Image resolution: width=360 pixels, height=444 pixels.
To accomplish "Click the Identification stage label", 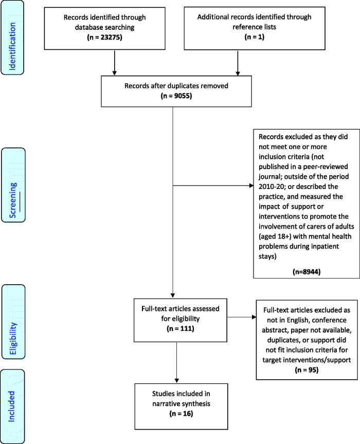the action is pyautogui.click(x=12, y=46).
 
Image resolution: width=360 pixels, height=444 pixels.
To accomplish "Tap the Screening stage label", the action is pyautogui.click(x=13, y=200).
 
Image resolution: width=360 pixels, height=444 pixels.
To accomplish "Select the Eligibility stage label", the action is pyautogui.click(x=13, y=338).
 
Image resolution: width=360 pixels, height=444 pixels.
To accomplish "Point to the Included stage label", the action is pyautogui.click(x=11, y=406).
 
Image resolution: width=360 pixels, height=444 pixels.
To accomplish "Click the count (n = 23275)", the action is pyautogui.click(x=104, y=37).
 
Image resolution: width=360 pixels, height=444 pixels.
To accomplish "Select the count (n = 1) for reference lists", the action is pyautogui.click(x=254, y=37).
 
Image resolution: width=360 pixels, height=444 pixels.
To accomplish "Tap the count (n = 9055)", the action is pyautogui.click(x=176, y=96).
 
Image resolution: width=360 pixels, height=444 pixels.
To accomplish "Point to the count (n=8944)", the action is pyautogui.click(x=307, y=272).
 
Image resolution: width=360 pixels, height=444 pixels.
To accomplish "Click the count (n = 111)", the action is pyautogui.click(x=181, y=328).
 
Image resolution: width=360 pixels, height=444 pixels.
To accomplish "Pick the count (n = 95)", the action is pyautogui.click(x=307, y=370).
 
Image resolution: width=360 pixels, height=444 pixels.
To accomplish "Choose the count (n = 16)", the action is pyautogui.click(x=181, y=413).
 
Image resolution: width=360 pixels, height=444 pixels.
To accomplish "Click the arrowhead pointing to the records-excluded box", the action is pyautogui.click(x=251, y=186).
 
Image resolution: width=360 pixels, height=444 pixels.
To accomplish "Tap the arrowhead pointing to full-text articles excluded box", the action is pyautogui.click(x=254, y=317).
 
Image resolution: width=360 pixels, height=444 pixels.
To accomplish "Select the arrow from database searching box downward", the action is pyautogui.click(x=115, y=63).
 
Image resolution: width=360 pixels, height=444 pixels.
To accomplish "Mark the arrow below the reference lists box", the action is pyautogui.click(x=238, y=63).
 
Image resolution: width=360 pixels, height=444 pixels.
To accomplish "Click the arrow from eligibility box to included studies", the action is pyautogui.click(x=176, y=362).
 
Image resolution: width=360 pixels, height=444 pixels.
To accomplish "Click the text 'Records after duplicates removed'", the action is pyautogui.click(x=176, y=86).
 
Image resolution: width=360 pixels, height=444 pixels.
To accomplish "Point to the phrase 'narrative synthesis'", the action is pyautogui.click(x=181, y=403).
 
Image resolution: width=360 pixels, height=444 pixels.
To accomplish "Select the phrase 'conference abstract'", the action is pyautogui.click(x=307, y=325).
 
